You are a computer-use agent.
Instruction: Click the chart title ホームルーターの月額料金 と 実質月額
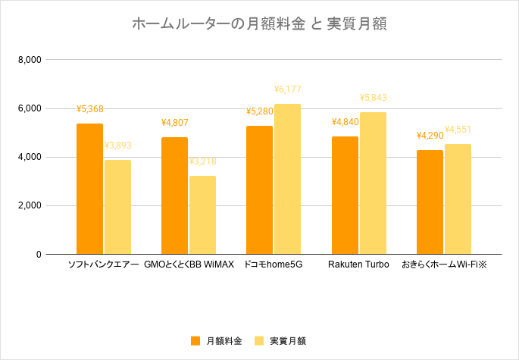tap(259, 24)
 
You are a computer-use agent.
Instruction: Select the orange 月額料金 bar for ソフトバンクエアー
tap(89, 189)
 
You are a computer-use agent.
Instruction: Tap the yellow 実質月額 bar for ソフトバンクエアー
tap(117, 207)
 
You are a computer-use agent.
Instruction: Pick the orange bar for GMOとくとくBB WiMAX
tap(174, 196)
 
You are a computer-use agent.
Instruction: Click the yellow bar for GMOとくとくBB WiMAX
tap(202, 215)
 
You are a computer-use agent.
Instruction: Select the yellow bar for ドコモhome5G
tap(287, 179)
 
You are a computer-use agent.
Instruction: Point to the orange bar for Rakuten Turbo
tap(345, 196)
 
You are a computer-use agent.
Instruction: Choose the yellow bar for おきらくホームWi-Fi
tap(458, 199)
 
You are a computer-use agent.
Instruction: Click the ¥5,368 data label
tap(89, 108)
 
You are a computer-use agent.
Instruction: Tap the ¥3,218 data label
tap(202, 161)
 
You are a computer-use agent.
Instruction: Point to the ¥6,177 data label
tap(287, 89)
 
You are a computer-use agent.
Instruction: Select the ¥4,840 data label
tap(345, 122)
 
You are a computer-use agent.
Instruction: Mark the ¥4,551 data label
tap(458, 130)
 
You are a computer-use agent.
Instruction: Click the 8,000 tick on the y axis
tap(30, 60)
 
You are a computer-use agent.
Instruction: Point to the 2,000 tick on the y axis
tap(30, 206)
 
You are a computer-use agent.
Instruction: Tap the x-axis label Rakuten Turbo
tap(358, 265)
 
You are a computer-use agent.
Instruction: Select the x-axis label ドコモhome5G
tap(273, 265)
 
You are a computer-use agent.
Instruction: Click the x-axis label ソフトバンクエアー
tap(104, 265)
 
